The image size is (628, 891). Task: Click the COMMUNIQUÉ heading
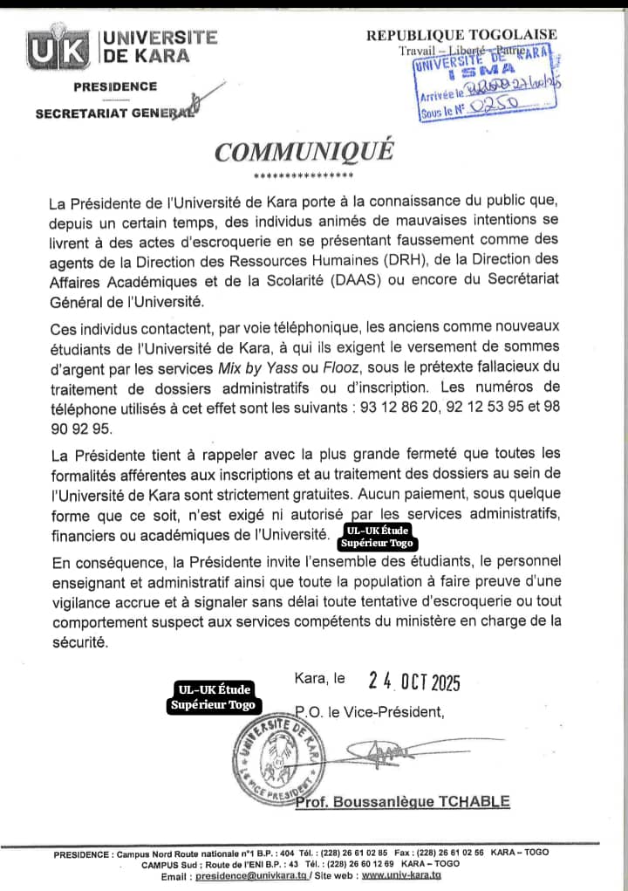(304, 151)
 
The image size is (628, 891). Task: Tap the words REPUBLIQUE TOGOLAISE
(461, 35)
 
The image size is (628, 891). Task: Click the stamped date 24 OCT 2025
(414, 682)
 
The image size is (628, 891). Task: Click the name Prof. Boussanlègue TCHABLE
(402, 802)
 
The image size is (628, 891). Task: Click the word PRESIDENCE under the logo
(115, 86)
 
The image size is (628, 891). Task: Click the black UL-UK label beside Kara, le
(215, 697)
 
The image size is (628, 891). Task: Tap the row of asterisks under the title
(304, 176)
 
